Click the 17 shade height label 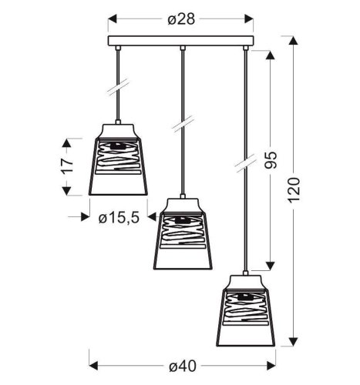68,165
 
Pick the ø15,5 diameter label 119,218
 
